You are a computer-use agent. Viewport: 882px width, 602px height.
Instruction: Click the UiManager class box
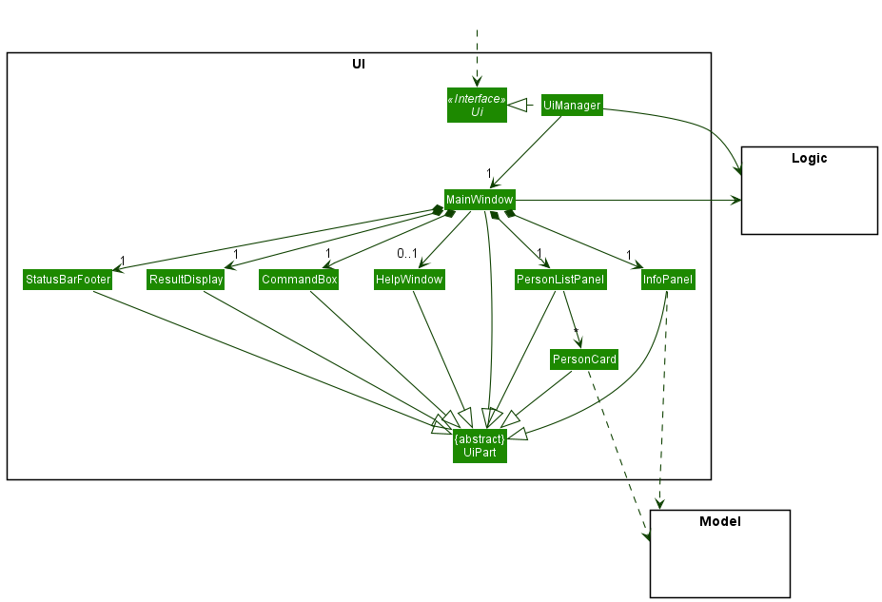coord(572,106)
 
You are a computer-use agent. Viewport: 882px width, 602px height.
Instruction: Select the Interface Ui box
coord(477,105)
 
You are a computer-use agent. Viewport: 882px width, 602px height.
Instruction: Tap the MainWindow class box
coord(480,200)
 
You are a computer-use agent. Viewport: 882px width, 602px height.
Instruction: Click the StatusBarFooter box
coord(68,280)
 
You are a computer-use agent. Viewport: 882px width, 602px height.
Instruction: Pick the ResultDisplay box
coord(186,280)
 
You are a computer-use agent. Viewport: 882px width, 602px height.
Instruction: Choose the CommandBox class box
coord(300,280)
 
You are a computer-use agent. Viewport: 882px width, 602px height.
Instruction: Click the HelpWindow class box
coord(409,280)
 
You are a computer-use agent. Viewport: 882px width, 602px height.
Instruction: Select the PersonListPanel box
coord(559,280)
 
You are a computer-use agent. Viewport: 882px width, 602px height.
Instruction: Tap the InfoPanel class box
coord(668,280)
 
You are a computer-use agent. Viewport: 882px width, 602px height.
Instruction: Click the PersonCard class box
coord(584,359)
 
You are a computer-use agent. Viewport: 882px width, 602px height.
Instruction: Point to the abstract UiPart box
coord(480,446)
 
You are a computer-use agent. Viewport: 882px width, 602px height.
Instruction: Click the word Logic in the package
coord(809,159)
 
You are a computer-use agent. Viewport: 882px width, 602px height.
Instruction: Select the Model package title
coord(719,521)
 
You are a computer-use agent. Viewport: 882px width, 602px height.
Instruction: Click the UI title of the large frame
coord(359,65)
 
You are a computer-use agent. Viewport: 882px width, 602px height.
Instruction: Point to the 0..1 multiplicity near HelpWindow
coord(407,254)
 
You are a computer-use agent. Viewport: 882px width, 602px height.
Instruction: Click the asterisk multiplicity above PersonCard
coord(576,332)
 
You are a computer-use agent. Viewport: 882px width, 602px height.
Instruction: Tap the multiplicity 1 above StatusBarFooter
coord(123,260)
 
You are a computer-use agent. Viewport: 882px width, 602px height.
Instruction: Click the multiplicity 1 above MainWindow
coord(489,174)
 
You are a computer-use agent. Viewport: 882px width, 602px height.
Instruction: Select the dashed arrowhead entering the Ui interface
coord(477,82)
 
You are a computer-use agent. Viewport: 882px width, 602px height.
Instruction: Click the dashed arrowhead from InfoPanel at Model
coord(660,504)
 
